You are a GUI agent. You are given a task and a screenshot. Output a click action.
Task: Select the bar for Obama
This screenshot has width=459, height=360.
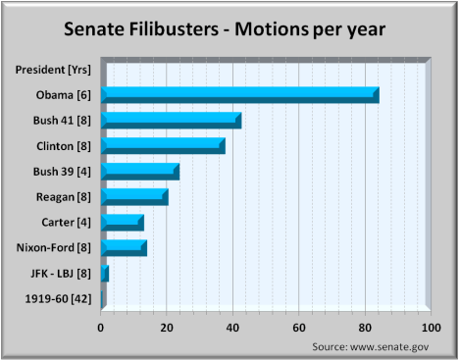(239, 94)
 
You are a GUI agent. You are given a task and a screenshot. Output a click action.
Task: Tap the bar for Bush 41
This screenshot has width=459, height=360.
(171, 120)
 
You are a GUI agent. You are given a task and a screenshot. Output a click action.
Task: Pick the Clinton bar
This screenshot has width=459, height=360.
(163, 145)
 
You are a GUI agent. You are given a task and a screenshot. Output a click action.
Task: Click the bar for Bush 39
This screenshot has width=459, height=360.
(139, 171)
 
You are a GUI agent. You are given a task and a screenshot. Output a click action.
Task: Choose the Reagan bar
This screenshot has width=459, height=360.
(134, 196)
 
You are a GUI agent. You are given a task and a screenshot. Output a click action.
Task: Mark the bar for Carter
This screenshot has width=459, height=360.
(123, 222)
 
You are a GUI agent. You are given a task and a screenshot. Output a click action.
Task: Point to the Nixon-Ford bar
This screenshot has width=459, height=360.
(124, 247)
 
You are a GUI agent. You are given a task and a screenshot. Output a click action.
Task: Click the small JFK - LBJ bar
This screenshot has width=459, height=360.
(105, 273)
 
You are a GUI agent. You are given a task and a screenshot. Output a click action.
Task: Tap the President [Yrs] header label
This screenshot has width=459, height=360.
(55, 69)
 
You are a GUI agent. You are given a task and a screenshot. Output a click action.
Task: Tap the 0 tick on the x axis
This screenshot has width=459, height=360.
(101, 327)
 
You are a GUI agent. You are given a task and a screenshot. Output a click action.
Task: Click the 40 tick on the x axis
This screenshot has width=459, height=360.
(232, 327)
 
